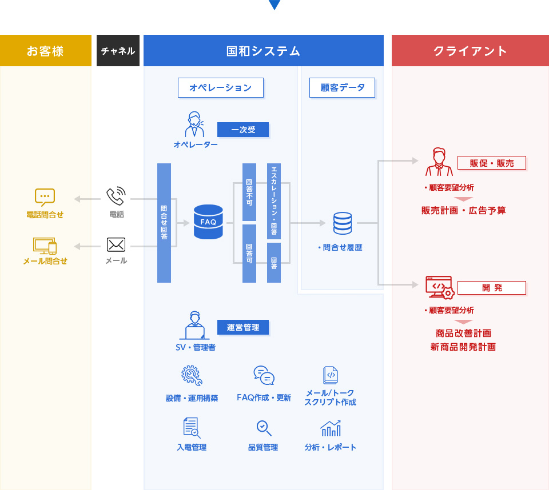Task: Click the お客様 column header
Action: coord(45,51)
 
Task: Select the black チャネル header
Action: coord(118,51)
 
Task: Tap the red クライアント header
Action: coord(470,51)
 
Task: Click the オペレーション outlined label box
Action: coord(220,87)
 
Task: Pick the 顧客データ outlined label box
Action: coord(342,87)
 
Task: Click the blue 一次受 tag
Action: coord(243,130)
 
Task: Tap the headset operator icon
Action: coord(195,125)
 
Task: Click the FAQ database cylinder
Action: coord(208,222)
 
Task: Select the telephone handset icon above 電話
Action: coord(116,196)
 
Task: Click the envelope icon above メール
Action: coord(116,245)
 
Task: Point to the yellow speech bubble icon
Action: coord(45,197)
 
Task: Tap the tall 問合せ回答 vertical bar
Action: coord(164,223)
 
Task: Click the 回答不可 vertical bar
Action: coord(249,192)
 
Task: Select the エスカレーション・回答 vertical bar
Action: coord(274,201)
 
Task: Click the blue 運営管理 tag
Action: coord(243,327)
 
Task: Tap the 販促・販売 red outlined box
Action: coord(491,163)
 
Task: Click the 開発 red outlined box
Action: coord(491,287)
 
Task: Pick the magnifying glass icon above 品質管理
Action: coord(264,428)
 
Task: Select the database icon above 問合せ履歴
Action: coord(343,223)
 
